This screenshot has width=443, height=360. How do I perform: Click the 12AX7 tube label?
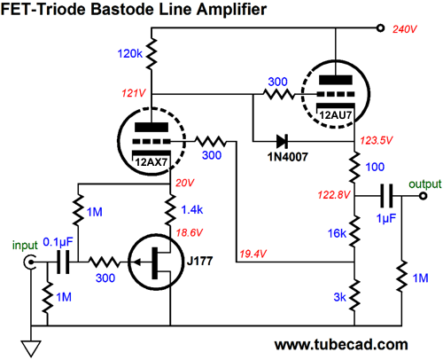[152, 162]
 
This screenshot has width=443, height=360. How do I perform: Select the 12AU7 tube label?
[336, 115]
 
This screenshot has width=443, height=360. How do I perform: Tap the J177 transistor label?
[199, 261]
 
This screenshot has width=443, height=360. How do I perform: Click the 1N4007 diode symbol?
[282, 141]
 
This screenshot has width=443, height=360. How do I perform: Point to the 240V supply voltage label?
[404, 29]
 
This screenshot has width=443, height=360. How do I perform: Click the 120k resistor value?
[130, 53]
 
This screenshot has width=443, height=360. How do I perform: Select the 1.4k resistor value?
[192, 209]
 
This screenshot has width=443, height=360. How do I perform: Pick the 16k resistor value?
[337, 233]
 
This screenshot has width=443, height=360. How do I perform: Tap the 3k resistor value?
[339, 297]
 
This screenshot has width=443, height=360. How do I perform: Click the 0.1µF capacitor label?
[58, 242]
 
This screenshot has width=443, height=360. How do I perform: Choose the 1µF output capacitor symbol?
[386, 195]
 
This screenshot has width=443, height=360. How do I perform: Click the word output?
[425, 184]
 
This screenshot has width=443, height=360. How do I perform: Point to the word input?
[25, 246]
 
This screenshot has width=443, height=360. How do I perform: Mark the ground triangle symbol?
[31, 348]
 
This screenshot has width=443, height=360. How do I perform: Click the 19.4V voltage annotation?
[253, 254]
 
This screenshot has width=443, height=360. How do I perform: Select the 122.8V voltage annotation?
[334, 195]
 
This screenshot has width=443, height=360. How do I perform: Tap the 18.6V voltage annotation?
[190, 232]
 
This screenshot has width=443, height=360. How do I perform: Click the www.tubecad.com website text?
[341, 345]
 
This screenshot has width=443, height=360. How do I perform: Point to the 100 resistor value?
[375, 167]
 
